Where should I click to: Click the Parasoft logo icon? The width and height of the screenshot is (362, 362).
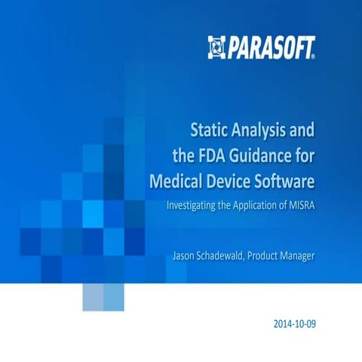(x=216, y=47)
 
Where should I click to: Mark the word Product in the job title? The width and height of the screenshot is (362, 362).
(x=279, y=257)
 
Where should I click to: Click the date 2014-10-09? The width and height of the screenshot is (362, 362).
(x=296, y=325)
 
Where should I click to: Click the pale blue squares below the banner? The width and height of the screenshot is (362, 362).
(x=103, y=297)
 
